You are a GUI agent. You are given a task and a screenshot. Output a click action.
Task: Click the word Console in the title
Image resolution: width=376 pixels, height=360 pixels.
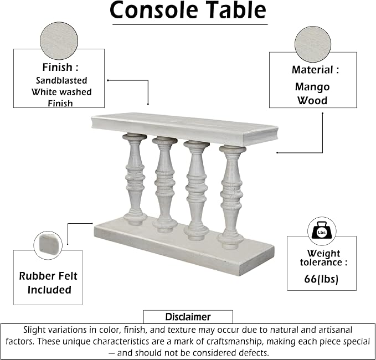[154, 10]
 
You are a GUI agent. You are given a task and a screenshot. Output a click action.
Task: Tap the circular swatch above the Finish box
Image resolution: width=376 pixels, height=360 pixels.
[59, 41]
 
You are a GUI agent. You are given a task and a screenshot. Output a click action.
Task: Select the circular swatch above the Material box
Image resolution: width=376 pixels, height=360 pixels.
[313, 44]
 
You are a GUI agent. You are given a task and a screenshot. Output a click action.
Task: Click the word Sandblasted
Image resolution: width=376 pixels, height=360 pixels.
[61, 80]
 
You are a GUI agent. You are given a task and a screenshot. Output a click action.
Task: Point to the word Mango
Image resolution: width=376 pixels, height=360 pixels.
[312, 87]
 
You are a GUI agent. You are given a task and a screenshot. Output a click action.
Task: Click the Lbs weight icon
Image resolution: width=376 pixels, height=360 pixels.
[322, 230]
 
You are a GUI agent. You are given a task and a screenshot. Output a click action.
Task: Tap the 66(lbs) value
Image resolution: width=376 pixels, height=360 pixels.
[321, 279]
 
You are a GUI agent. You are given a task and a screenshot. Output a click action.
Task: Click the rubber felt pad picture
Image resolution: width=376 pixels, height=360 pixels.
[48, 245]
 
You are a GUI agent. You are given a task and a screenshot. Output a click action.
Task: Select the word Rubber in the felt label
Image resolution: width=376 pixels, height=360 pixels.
[35, 276]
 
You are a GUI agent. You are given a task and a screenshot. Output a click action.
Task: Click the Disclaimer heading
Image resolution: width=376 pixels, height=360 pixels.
[188, 317]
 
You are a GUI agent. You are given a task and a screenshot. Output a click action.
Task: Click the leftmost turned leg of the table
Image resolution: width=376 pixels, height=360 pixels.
[135, 179]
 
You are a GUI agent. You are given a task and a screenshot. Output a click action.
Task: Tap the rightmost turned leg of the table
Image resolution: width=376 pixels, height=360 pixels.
[231, 197]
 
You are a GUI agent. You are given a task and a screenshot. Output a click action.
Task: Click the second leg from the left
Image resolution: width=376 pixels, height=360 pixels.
[164, 184]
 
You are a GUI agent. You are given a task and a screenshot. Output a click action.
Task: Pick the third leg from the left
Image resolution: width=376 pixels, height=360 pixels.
[197, 190]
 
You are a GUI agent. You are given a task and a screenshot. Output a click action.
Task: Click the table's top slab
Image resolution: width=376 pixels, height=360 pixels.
[184, 128]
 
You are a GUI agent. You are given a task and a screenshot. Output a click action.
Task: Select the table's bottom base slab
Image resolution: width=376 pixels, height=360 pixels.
[184, 245]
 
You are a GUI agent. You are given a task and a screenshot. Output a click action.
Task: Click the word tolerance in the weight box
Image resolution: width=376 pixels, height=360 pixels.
[321, 262]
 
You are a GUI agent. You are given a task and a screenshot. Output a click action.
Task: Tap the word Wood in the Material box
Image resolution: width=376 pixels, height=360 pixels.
[312, 100]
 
